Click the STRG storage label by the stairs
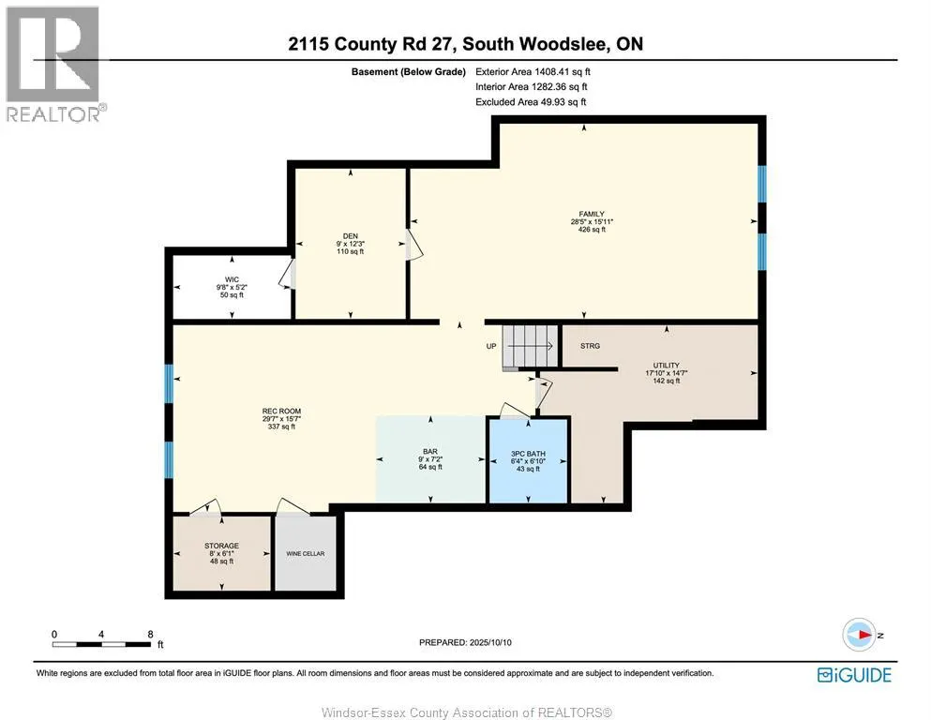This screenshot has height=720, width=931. [x=590, y=346]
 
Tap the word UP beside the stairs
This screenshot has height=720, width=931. [x=491, y=346]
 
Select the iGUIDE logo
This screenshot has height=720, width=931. [x=854, y=674]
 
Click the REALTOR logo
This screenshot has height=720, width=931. [x=55, y=64]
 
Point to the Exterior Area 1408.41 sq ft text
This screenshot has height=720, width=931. [x=533, y=71]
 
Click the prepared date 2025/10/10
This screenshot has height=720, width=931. [x=466, y=642]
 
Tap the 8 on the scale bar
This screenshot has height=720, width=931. [x=150, y=634]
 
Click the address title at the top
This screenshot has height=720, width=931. [x=465, y=44]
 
